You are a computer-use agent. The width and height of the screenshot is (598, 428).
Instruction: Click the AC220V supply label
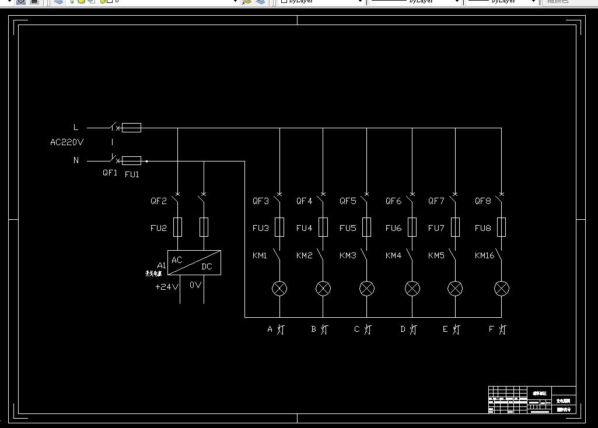67,142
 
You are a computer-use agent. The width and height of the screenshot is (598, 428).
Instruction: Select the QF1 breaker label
110,173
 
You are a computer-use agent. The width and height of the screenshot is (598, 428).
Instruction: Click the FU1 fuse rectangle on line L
131,128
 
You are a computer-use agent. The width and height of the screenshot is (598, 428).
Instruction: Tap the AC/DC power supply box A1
194,262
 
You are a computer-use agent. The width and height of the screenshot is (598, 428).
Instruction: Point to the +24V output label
166,286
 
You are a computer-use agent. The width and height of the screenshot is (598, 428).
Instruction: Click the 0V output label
195,285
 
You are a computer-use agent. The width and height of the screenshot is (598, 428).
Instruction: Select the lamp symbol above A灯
280,288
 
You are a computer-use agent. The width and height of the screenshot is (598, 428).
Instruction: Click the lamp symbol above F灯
502,288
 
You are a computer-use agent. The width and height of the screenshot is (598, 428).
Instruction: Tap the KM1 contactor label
260,255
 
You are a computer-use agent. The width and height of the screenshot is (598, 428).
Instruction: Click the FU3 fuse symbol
279,227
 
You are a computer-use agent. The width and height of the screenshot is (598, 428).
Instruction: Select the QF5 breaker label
348,201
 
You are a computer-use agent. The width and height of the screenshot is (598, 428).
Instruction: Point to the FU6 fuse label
393,228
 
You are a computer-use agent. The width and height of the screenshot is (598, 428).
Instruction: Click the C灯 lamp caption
362,329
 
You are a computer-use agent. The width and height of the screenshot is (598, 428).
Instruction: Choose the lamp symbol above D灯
412,288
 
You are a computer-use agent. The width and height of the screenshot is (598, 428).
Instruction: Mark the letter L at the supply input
75,127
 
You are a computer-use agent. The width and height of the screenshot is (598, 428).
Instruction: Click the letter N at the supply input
76,160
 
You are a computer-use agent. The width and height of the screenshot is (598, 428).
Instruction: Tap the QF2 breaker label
159,201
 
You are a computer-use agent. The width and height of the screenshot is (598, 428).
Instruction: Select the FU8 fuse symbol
501,227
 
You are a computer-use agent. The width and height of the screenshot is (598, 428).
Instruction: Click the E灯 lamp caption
451,329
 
